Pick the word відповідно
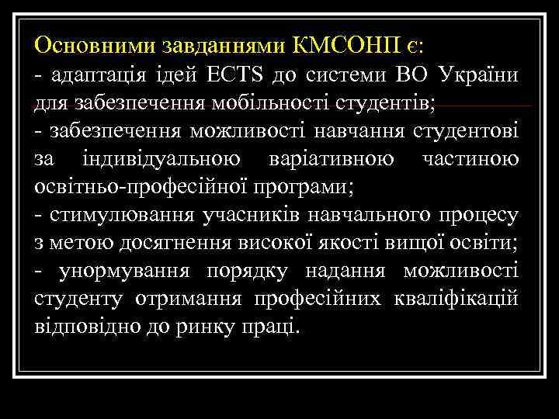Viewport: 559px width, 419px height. point(84,326)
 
